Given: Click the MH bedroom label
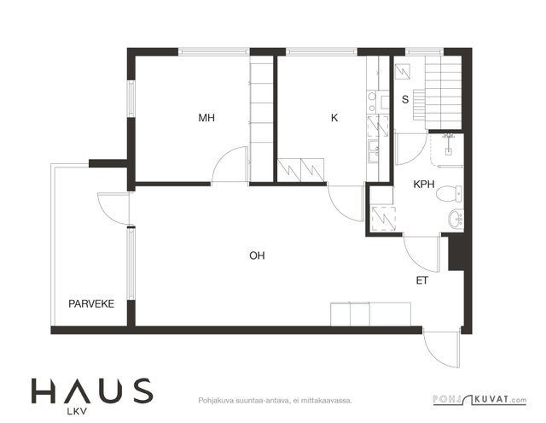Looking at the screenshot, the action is (x=206, y=118).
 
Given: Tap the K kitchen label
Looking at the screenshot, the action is (x=334, y=118).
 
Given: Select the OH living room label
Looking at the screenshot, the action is (x=257, y=256).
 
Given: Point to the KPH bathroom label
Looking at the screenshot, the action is (x=424, y=184).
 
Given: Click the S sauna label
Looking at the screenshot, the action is (x=405, y=99).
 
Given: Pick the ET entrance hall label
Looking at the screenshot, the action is (x=421, y=280).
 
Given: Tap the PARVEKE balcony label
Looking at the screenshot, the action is (x=91, y=303).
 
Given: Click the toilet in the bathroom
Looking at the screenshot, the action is (x=450, y=194).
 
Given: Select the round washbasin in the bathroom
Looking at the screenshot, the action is (x=456, y=220).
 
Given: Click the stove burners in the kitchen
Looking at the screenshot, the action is (x=372, y=102).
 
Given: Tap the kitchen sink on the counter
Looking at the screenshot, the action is (x=374, y=151).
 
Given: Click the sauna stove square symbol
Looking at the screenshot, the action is (x=404, y=72).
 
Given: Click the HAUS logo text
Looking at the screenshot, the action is (x=92, y=391).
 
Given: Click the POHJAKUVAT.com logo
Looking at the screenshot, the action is (x=479, y=400).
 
